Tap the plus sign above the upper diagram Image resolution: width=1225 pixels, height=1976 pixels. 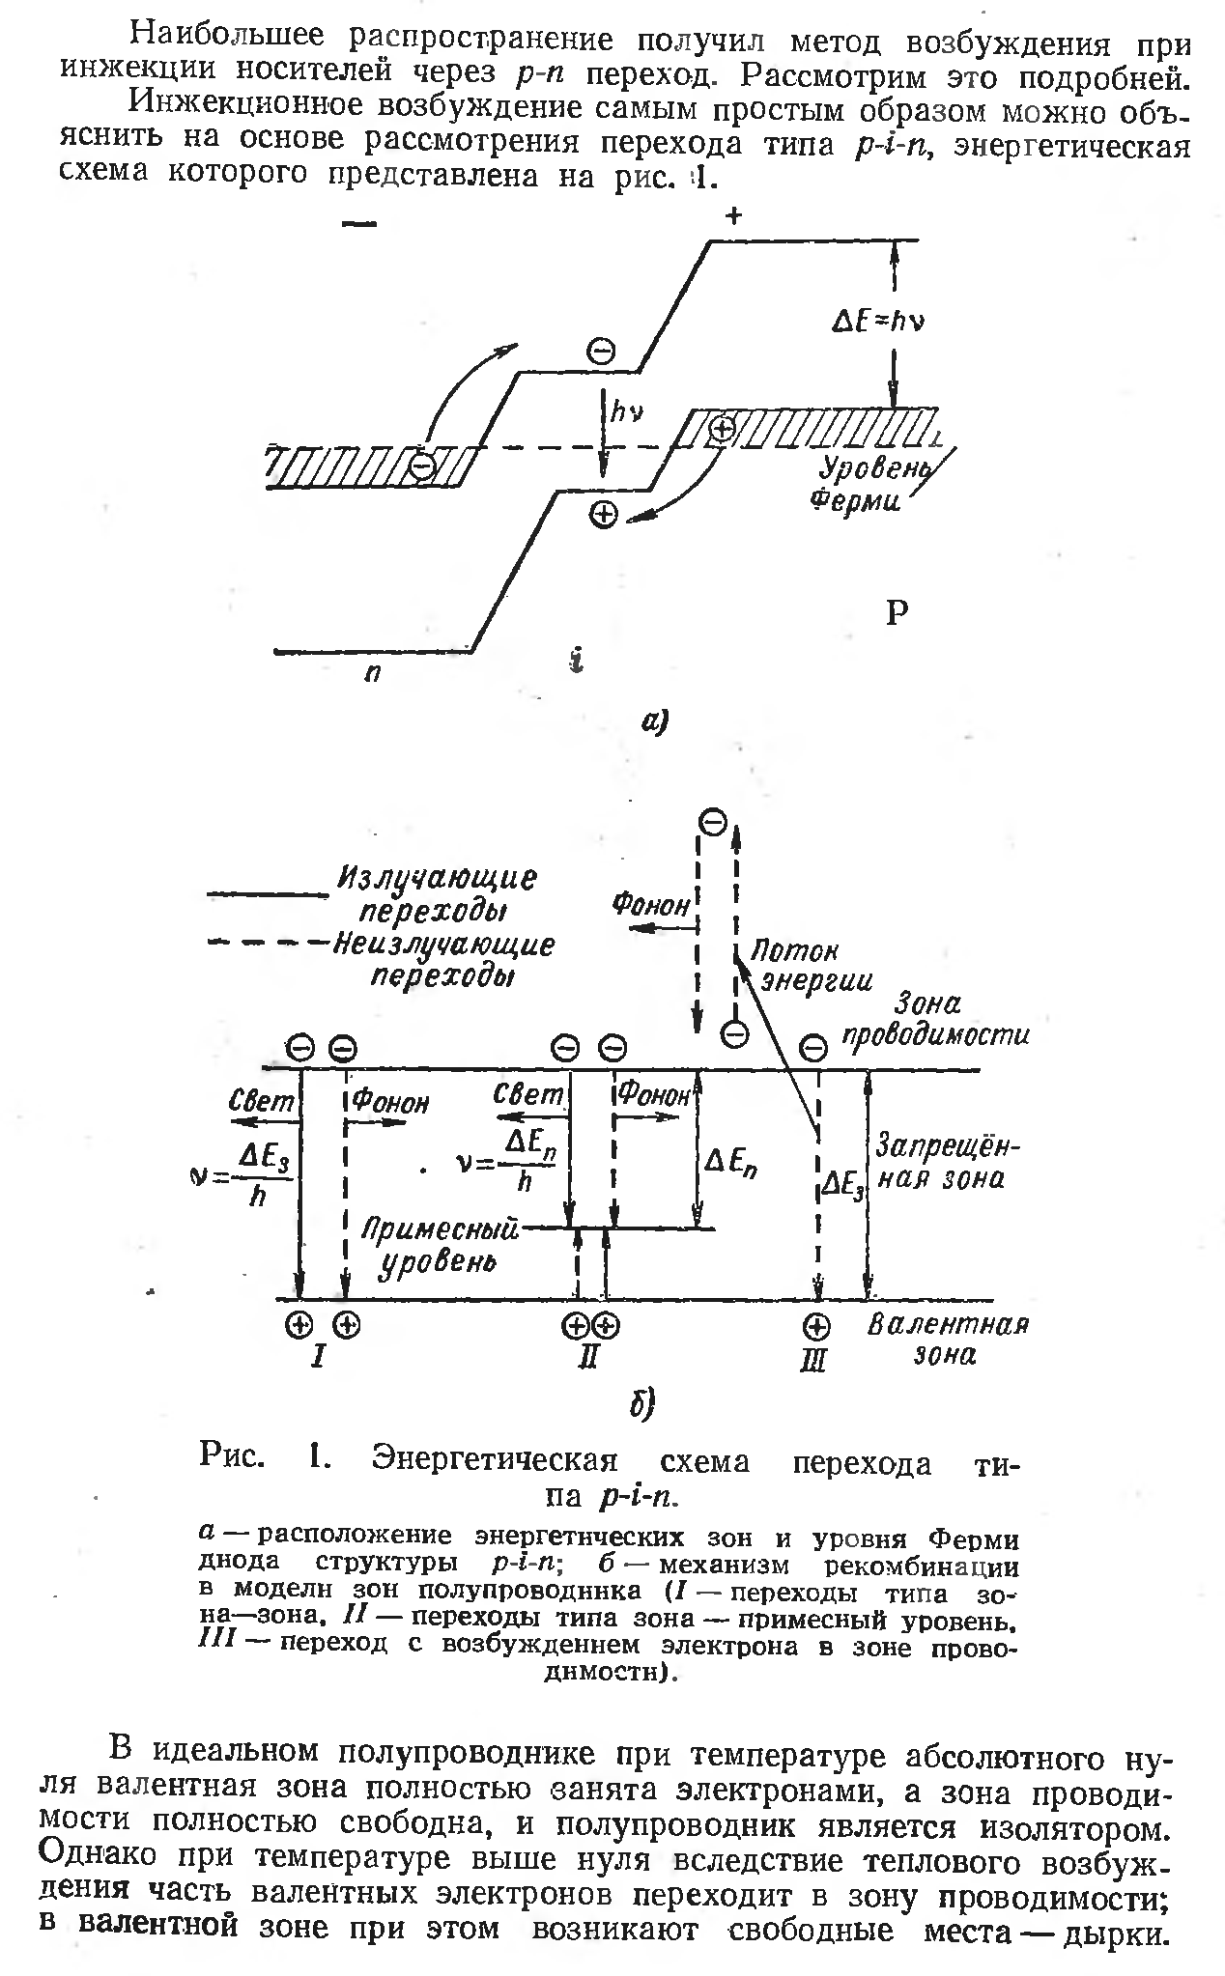pyautogui.click(x=734, y=216)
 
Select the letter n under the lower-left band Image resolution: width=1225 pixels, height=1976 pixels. pyautogui.click(x=371, y=674)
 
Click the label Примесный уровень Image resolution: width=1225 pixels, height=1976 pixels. pyautogui.click(x=440, y=1245)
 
